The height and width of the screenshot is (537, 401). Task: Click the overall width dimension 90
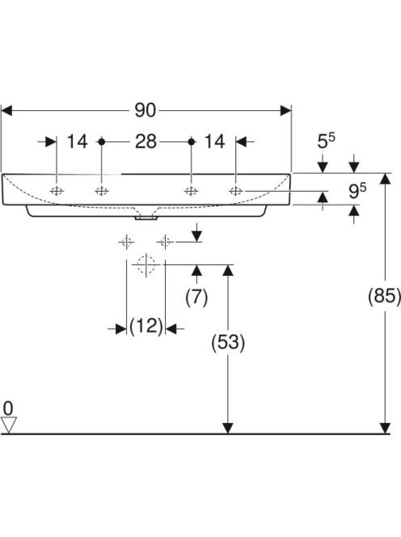pos(146,111)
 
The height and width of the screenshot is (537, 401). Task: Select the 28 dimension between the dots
pos(146,142)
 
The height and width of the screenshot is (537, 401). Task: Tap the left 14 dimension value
pos(77,142)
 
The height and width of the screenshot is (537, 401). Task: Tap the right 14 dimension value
pos(214,142)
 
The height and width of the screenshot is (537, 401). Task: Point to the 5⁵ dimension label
pos(327,141)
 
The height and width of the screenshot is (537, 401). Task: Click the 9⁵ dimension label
pos(357,190)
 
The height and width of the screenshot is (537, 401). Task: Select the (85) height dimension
pos(384,295)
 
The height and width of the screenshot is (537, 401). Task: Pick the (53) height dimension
pos(228,342)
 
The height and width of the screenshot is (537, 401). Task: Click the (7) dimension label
pos(196,297)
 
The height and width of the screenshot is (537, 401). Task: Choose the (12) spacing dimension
pos(146,326)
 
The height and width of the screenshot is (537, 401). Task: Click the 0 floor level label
pos(8,408)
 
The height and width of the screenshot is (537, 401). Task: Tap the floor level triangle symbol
pos(9,425)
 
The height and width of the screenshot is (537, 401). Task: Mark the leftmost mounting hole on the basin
pos(57,191)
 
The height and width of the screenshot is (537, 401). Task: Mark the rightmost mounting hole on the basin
pos(236,191)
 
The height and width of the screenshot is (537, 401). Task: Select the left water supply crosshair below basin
pos(127,242)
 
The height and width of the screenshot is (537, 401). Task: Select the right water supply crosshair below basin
pos(166,242)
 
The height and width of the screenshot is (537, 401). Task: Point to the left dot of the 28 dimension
pos(101,142)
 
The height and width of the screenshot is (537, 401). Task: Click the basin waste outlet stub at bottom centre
pos(146,218)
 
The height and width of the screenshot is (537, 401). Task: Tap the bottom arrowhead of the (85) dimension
pos(386,428)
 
